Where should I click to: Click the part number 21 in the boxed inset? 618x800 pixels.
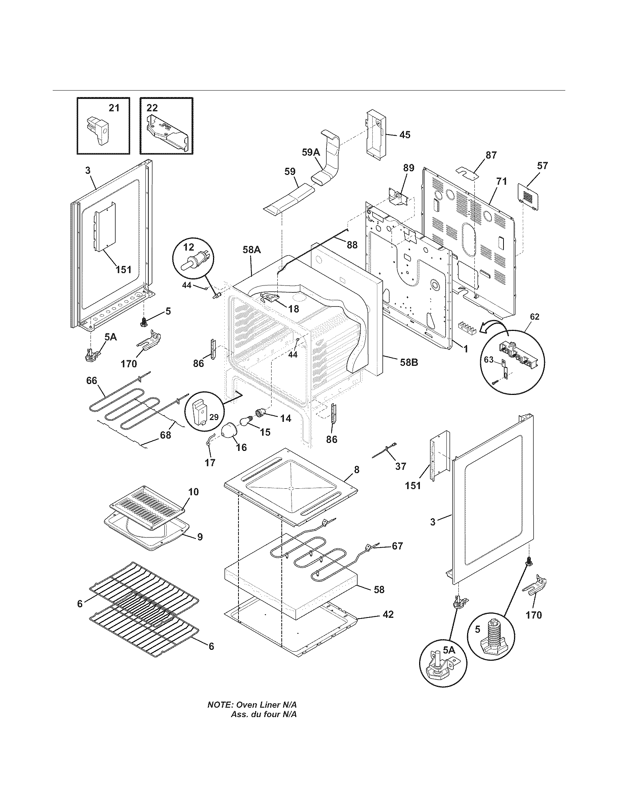pyautogui.click(x=114, y=108)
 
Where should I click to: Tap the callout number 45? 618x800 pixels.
pyautogui.click(x=405, y=135)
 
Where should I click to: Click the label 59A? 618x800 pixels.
pyautogui.click(x=311, y=152)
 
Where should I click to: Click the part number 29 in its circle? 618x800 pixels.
pyautogui.click(x=213, y=417)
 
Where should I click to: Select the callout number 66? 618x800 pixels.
pyautogui.click(x=92, y=381)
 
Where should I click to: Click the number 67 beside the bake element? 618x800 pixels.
pyautogui.click(x=397, y=556)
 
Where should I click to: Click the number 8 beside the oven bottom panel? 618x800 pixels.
pyautogui.click(x=357, y=470)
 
